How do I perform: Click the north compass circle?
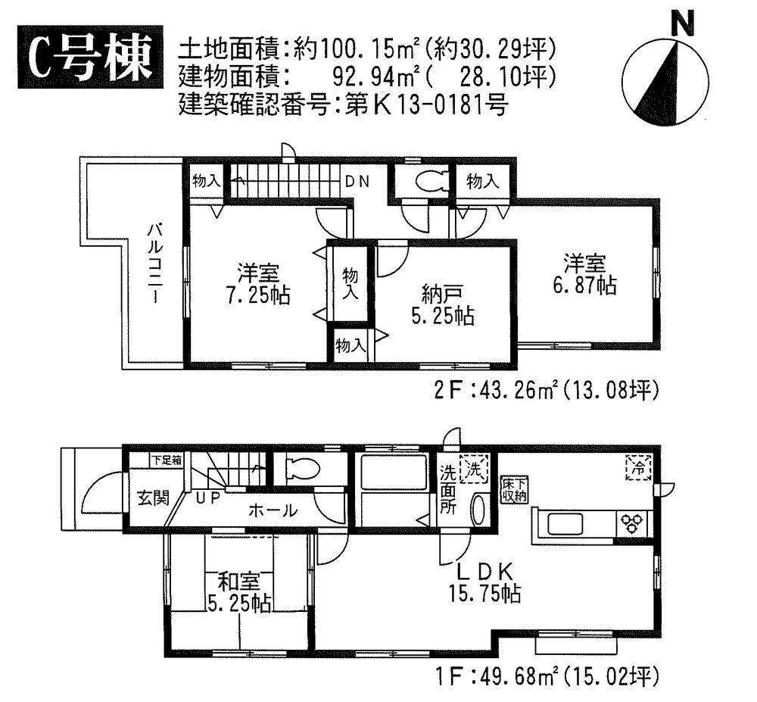tap(665, 83)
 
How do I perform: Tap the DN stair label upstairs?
tap(357, 182)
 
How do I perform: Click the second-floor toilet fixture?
tap(422, 181)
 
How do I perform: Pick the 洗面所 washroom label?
tap(448, 492)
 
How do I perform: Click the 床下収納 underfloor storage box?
tap(512, 490)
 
